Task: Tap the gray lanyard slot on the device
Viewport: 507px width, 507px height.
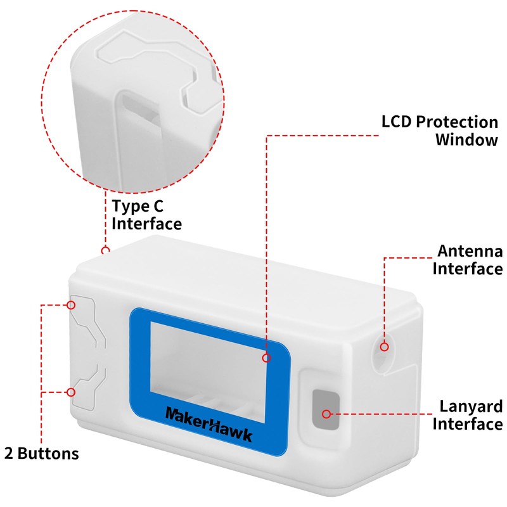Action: [326, 409]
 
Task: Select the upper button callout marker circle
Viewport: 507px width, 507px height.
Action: [71, 305]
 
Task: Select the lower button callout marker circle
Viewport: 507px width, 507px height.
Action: [71, 392]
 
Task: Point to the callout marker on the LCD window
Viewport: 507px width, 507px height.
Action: [266, 357]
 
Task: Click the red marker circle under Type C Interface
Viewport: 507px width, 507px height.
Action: [105, 250]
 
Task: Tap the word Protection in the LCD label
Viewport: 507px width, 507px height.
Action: [457, 122]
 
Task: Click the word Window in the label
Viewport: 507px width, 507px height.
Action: [466, 139]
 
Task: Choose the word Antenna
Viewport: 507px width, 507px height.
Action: [470, 251]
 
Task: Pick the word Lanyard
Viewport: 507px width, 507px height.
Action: [471, 407]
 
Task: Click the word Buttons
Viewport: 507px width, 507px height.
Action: [48, 453]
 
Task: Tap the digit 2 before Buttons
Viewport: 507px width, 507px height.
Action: [9, 453]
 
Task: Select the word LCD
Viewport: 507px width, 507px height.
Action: [397, 122]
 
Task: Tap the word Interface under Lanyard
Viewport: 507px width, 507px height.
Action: [468, 424]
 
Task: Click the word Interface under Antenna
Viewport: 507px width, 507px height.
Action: [468, 269]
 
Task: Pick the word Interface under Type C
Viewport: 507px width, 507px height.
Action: [147, 224]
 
